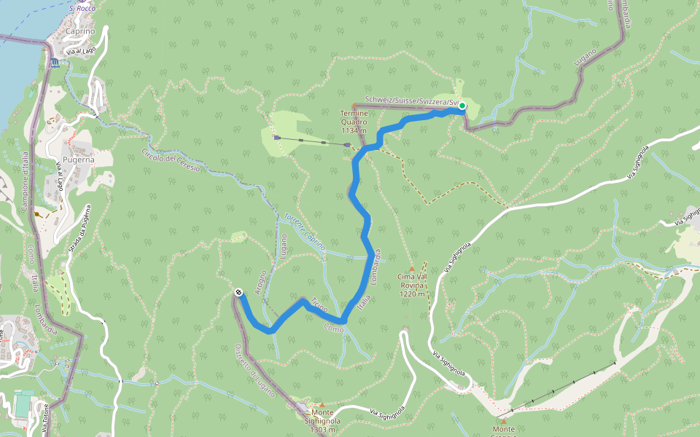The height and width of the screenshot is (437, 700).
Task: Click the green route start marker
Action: click(462, 106)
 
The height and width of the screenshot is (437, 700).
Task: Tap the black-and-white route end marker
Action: click(239, 292)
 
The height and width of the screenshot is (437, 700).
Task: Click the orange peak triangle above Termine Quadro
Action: click(354, 107)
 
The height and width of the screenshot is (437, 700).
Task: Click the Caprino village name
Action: click(80, 32)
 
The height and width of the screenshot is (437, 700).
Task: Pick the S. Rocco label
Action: click(82, 8)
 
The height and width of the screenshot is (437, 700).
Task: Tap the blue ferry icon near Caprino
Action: click(56, 63)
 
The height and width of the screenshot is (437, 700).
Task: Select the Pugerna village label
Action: click(79, 159)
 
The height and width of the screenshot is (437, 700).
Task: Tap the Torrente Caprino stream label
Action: click(305, 233)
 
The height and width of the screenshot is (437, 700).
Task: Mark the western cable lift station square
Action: click(276, 137)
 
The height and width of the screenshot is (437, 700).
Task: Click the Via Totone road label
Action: click(46, 420)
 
